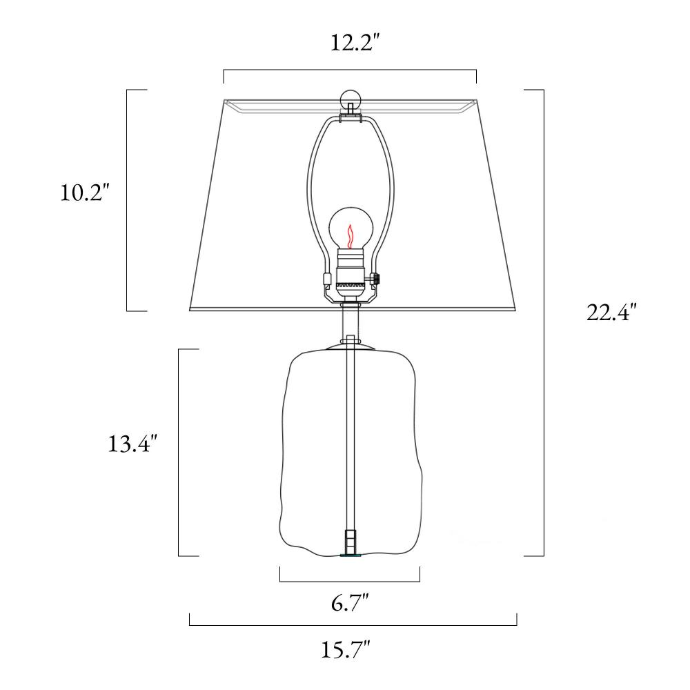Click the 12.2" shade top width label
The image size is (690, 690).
355,43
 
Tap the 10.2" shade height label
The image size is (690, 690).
83,193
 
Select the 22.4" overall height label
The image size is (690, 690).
611,313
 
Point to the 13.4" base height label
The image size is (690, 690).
132,444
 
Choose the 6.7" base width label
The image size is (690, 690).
350,602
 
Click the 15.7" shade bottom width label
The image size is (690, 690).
345,649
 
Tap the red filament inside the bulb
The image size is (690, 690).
351,237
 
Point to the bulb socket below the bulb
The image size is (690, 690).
351,274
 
